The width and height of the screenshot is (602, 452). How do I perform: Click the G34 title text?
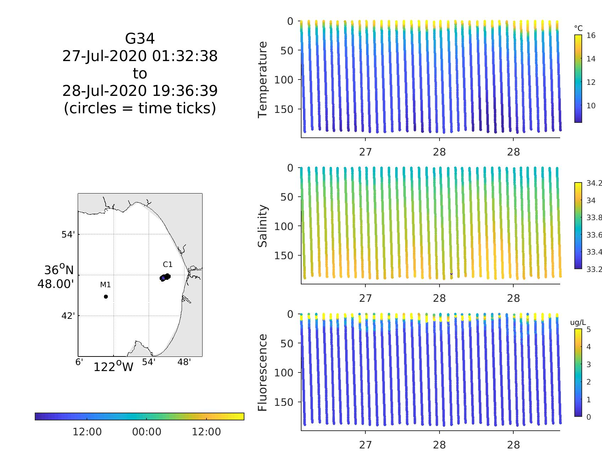tap(140, 39)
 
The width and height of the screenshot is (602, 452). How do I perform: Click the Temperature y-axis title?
tap(263, 80)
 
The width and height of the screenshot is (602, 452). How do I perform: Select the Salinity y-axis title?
tap(263, 226)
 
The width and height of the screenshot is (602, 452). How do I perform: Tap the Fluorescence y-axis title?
tap(263, 372)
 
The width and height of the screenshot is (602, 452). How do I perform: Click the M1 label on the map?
tap(105, 285)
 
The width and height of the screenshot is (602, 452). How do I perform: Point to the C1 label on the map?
tap(167, 265)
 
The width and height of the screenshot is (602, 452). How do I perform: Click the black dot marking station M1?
tap(106, 296)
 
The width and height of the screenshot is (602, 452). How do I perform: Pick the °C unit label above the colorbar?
tap(578, 28)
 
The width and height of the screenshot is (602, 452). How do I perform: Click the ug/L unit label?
tap(578, 322)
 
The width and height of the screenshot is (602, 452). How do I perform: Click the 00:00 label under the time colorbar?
tap(147, 432)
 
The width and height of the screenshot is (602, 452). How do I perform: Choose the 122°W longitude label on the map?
tap(113, 367)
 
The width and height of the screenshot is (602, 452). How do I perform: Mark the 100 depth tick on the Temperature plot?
tap(284, 80)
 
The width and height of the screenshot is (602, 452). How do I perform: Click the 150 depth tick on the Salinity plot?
tap(284, 255)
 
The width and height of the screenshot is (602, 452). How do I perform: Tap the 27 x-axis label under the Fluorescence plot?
tap(365, 445)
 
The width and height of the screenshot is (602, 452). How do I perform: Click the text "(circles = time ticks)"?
tap(140, 108)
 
